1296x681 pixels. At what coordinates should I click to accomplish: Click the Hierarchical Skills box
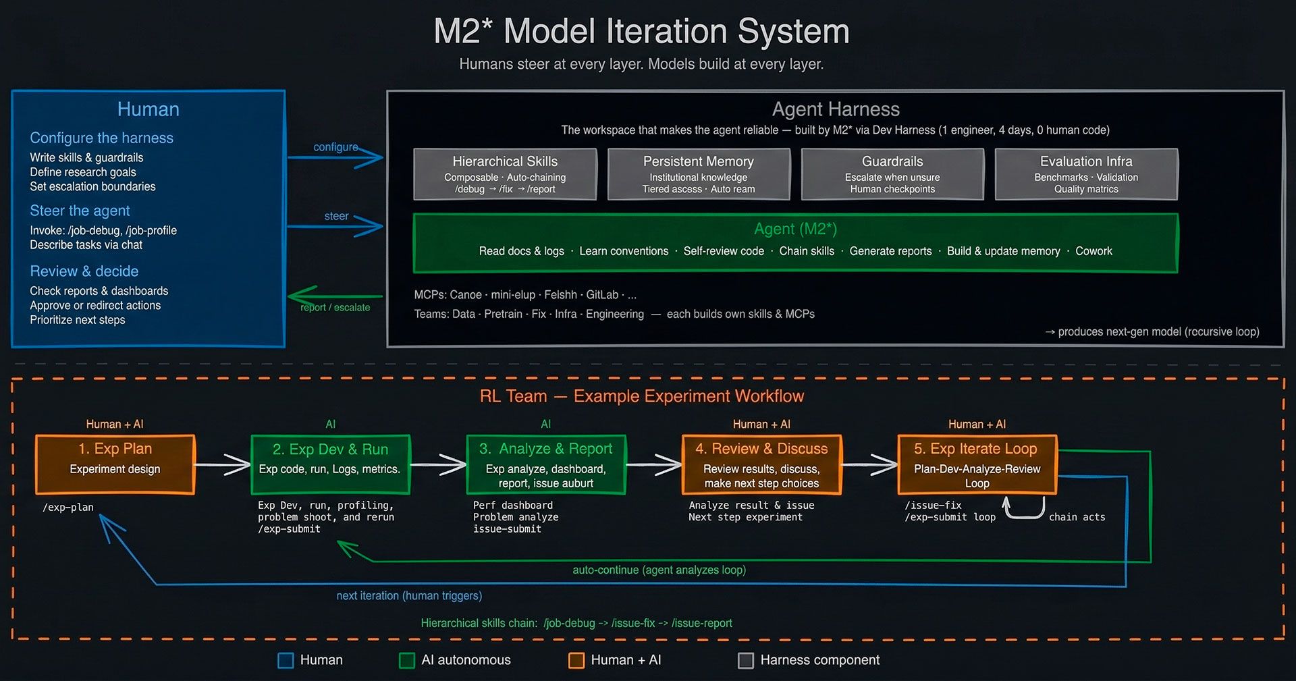tap(505, 174)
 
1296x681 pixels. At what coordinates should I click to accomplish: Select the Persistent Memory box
tap(699, 174)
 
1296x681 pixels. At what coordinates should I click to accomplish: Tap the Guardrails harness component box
tap(892, 174)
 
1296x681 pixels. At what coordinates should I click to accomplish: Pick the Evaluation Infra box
tap(1086, 174)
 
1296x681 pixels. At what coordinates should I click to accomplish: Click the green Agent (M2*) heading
tap(795, 229)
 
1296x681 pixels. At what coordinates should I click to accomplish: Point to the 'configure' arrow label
tap(335, 147)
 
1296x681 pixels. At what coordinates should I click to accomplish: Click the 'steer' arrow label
tap(336, 216)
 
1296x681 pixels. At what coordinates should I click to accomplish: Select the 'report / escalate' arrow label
tap(335, 307)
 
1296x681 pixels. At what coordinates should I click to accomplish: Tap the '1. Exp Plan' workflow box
tap(115, 464)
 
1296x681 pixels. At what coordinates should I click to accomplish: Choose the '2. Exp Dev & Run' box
tap(330, 464)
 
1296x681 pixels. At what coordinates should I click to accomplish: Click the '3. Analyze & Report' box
tap(546, 464)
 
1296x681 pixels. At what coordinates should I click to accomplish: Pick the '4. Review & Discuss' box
tap(761, 464)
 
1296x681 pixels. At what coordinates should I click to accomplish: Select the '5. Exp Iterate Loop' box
tap(977, 464)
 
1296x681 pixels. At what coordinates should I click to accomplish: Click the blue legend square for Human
tap(286, 660)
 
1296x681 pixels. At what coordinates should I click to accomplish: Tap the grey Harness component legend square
tap(746, 660)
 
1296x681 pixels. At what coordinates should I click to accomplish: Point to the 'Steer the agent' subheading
tap(80, 211)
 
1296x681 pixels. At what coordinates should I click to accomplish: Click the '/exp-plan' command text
tap(68, 508)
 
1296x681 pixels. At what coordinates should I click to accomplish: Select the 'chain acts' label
tap(1077, 517)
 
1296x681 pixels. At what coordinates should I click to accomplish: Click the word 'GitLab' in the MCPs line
tap(602, 295)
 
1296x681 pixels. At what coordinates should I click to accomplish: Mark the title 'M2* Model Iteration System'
tap(641, 32)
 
